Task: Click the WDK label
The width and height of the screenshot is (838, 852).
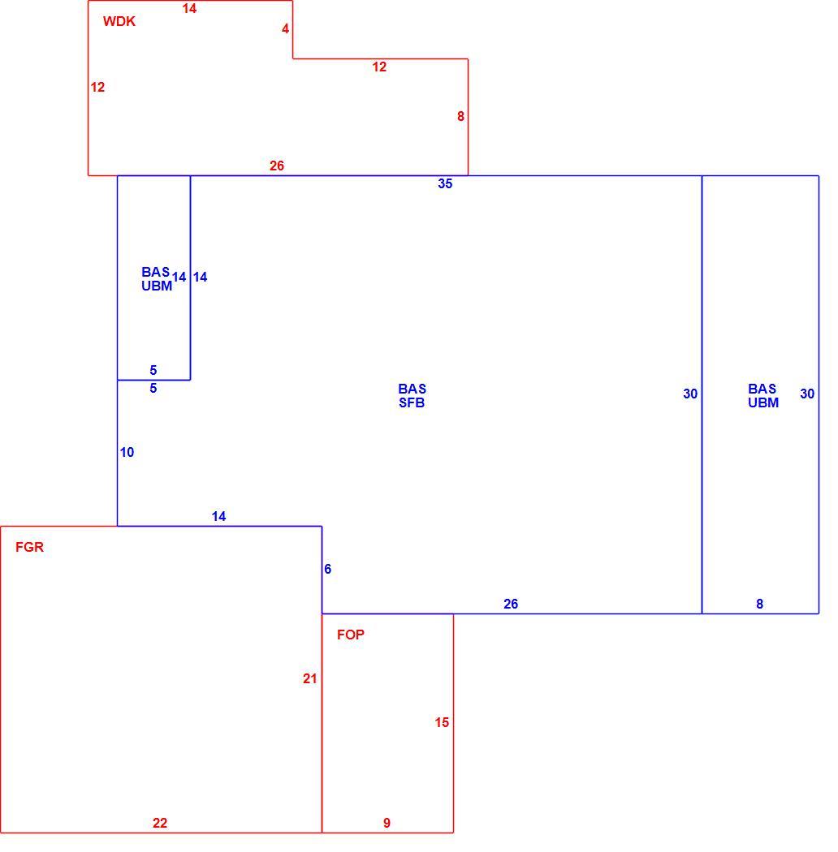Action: pos(119,21)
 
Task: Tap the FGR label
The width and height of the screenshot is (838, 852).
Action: pos(29,547)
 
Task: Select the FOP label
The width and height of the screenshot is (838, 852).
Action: pos(350,635)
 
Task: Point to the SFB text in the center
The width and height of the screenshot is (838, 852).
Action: pos(412,402)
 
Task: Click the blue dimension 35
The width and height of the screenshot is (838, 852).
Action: pos(445,183)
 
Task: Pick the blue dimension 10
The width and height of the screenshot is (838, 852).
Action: pos(127,452)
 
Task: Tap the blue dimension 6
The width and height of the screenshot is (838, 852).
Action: pos(327,569)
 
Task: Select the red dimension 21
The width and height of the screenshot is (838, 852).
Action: pos(310,678)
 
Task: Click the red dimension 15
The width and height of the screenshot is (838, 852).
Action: pos(442,723)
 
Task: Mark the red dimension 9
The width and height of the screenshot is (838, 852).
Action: pos(387,824)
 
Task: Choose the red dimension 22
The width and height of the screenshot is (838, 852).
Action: pos(160,824)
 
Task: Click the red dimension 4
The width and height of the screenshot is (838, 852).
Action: pos(286,28)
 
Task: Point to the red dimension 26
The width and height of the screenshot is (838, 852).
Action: pos(277,166)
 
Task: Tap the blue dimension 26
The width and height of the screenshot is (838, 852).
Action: pos(511,604)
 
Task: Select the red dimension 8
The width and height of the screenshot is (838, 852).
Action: pos(460,116)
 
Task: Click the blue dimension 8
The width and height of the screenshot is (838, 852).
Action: pos(760,604)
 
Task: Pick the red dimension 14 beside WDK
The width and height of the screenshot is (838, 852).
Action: pos(189,8)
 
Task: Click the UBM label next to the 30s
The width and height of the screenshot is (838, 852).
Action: pos(763,402)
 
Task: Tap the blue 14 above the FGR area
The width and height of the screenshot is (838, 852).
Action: pos(218,516)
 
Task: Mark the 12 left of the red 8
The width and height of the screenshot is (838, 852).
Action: pos(379,67)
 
